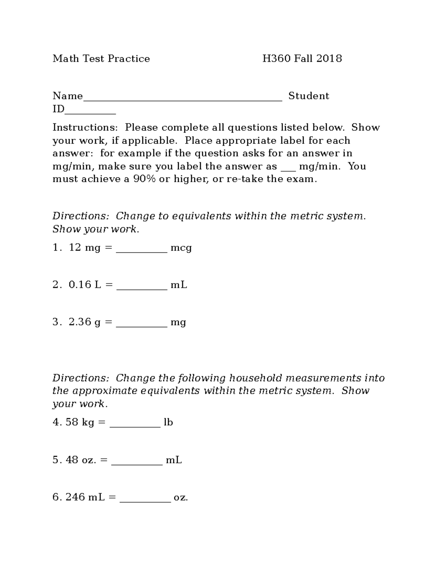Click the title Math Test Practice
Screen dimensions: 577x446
101,59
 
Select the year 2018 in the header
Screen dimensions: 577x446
329,59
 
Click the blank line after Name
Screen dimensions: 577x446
182,99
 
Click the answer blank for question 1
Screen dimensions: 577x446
142,250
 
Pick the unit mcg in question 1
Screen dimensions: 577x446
181,248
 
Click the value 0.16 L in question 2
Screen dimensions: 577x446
85,285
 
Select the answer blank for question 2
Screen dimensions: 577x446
142,288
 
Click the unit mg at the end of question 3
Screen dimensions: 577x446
178,322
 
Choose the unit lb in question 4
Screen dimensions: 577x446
168,422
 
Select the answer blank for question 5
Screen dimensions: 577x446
137,463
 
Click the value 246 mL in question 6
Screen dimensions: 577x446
85,497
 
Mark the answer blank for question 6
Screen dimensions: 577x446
145,500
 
